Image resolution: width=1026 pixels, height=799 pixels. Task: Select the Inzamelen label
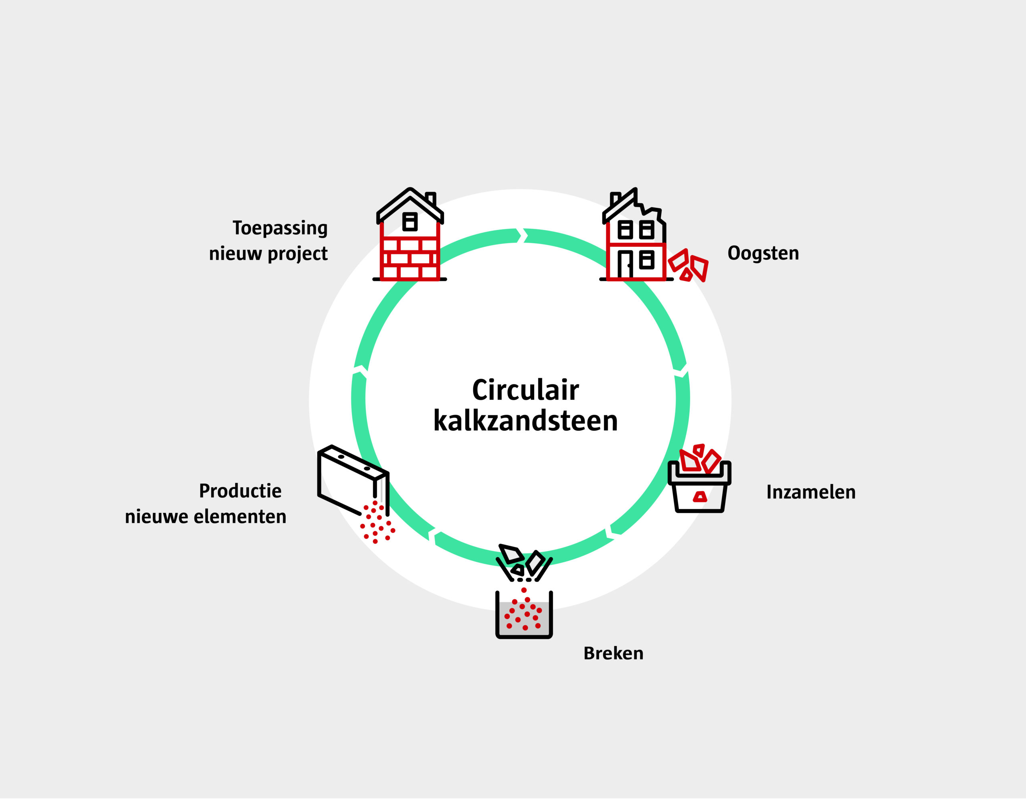pos(811,492)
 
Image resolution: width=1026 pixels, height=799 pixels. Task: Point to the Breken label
pos(613,653)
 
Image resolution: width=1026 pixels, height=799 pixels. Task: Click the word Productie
pos(240,491)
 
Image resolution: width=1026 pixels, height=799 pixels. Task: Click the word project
pos(297,254)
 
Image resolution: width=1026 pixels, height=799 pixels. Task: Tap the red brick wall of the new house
pos(410,258)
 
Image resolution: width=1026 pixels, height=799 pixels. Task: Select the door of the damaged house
pos(625,265)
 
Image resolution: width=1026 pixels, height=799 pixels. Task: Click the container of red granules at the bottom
pos(524,615)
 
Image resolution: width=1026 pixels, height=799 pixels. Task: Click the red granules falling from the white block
pos(377,523)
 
